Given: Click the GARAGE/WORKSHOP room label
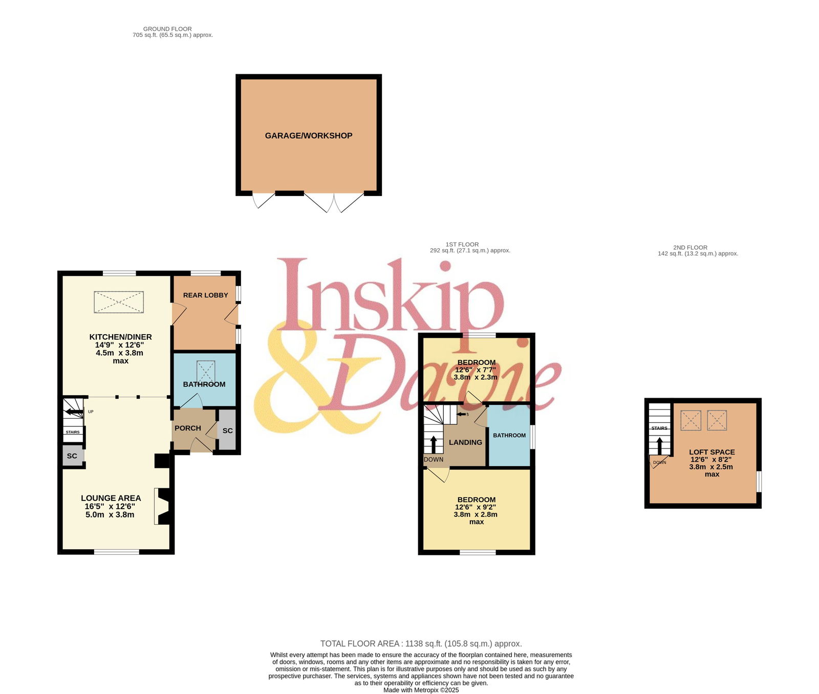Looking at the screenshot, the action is pyautogui.click(x=309, y=136).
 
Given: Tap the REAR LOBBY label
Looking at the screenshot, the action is pyautogui.click(x=205, y=295).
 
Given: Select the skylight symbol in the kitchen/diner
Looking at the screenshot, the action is pyautogui.click(x=119, y=302).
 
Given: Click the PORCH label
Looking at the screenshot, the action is pyautogui.click(x=188, y=428).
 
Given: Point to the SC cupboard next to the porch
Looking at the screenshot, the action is pyautogui.click(x=227, y=430).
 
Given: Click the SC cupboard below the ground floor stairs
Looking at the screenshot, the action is pyautogui.click(x=72, y=456).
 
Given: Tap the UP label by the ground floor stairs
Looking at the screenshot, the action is pyautogui.click(x=91, y=411).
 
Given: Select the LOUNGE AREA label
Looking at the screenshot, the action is pyautogui.click(x=111, y=498).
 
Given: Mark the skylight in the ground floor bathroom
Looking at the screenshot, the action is pyautogui.click(x=206, y=371).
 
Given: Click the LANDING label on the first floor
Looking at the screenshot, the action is pyautogui.click(x=465, y=442).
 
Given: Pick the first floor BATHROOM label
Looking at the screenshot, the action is pyautogui.click(x=509, y=436).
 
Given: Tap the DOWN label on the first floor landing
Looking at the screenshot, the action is pyautogui.click(x=434, y=460).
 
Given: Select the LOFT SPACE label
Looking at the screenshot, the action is pyautogui.click(x=712, y=452).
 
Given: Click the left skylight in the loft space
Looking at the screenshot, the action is pyautogui.click(x=691, y=421).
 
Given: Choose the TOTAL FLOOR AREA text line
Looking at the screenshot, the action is pyautogui.click(x=421, y=644).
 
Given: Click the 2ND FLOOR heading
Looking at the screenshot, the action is pyautogui.click(x=690, y=248).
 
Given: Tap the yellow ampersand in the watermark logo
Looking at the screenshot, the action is pyautogui.click(x=312, y=379).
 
